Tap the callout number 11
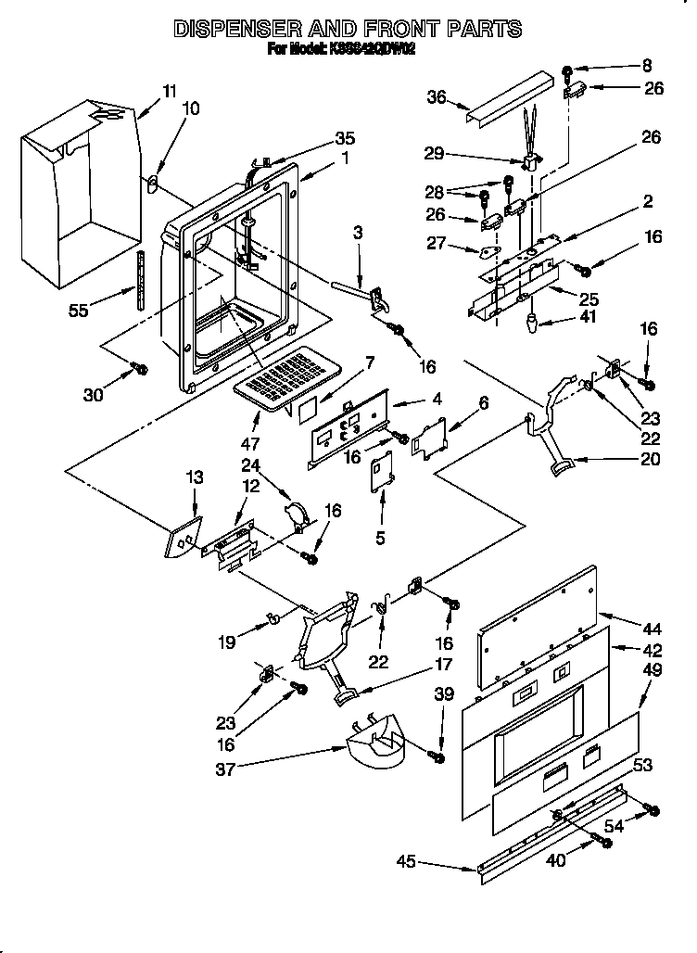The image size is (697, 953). click(168, 91)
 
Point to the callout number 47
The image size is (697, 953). click(250, 417)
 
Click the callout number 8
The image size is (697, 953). click(646, 65)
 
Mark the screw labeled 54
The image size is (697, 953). click(653, 811)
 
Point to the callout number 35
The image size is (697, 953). click(345, 138)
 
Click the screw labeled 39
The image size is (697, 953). click(438, 757)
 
